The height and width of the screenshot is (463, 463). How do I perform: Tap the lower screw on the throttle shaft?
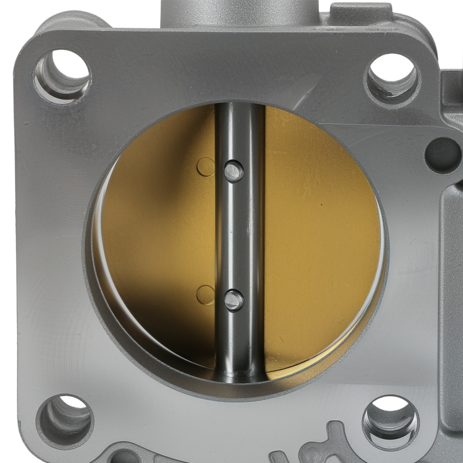[234, 300]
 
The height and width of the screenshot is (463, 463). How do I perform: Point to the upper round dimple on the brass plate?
[206, 167]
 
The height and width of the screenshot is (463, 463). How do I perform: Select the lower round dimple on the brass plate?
[206, 295]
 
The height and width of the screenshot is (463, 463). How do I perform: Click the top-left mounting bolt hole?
[63, 75]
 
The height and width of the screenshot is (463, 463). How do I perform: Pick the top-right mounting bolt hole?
[393, 77]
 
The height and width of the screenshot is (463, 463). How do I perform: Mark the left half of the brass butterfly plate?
[157, 241]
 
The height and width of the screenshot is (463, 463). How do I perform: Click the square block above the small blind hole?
[451, 93]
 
